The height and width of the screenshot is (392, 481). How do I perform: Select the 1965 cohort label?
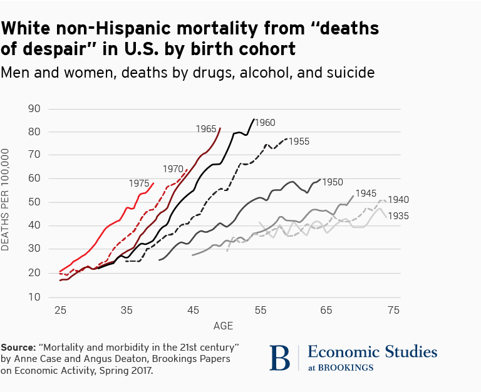(x=206, y=128)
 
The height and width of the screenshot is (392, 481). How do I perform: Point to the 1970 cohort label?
(x=173, y=168)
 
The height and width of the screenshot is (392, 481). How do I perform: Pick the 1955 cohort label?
(x=299, y=142)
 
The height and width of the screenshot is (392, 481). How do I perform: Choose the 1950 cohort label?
(x=333, y=182)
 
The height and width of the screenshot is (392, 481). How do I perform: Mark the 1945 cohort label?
(x=366, y=193)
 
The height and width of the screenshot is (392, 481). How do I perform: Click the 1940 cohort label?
(x=398, y=200)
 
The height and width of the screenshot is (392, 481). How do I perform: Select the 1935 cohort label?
(x=398, y=216)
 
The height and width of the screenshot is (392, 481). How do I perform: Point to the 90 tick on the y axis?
(x=35, y=108)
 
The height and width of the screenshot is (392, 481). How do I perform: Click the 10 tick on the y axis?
(x=35, y=297)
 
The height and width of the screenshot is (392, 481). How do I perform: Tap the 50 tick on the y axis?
(x=35, y=202)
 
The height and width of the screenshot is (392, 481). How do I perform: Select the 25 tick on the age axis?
(x=60, y=310)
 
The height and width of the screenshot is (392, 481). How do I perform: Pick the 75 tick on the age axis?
(x=393, y=310)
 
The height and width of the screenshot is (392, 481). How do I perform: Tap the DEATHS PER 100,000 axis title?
(x=6, y=200)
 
